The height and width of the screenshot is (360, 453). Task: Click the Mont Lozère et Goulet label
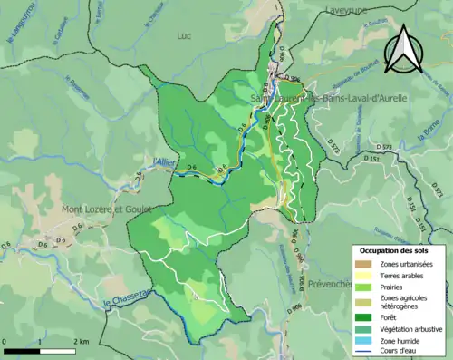[96, 209]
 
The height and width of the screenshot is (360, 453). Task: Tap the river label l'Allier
[165, 161]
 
